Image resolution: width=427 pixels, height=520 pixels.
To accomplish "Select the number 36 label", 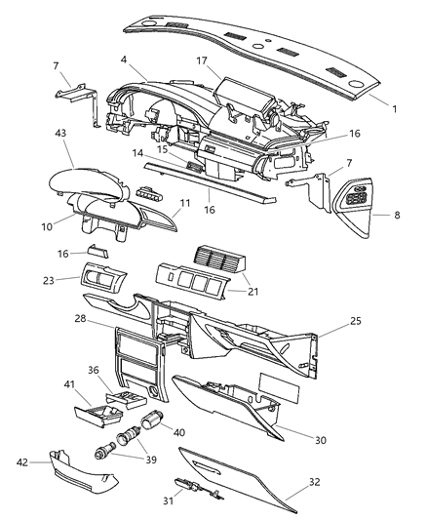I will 121,370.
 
